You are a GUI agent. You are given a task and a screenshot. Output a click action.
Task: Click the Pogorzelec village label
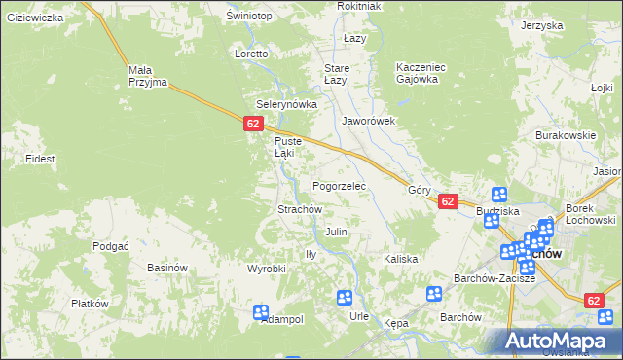[338, 185]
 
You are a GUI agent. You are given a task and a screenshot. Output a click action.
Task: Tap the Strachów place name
[300, 209]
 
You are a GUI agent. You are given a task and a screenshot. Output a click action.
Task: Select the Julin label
[337, 233]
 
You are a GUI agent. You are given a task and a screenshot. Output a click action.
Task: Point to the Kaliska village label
[400, 259]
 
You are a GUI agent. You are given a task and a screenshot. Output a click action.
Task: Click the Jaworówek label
[368, 122]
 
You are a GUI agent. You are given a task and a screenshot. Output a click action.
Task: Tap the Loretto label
[250, 54]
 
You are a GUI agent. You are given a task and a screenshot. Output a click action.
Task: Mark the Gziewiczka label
[35, 18]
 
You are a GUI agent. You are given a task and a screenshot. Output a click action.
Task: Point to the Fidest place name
[40, 158]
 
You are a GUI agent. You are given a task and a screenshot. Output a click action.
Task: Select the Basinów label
[166, 268]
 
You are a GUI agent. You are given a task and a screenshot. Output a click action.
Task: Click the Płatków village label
[89, 304]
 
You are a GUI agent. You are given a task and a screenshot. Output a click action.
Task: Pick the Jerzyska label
[542, 25]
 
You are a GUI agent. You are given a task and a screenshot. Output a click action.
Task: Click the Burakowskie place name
[565, 136]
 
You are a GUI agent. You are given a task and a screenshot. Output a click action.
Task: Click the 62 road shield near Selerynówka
[253, 124]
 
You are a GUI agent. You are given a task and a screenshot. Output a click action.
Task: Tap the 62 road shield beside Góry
[447, 201]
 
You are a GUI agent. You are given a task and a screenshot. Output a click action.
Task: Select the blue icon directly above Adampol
[261, 312]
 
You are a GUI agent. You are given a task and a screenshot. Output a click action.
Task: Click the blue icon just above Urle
[345, 298]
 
